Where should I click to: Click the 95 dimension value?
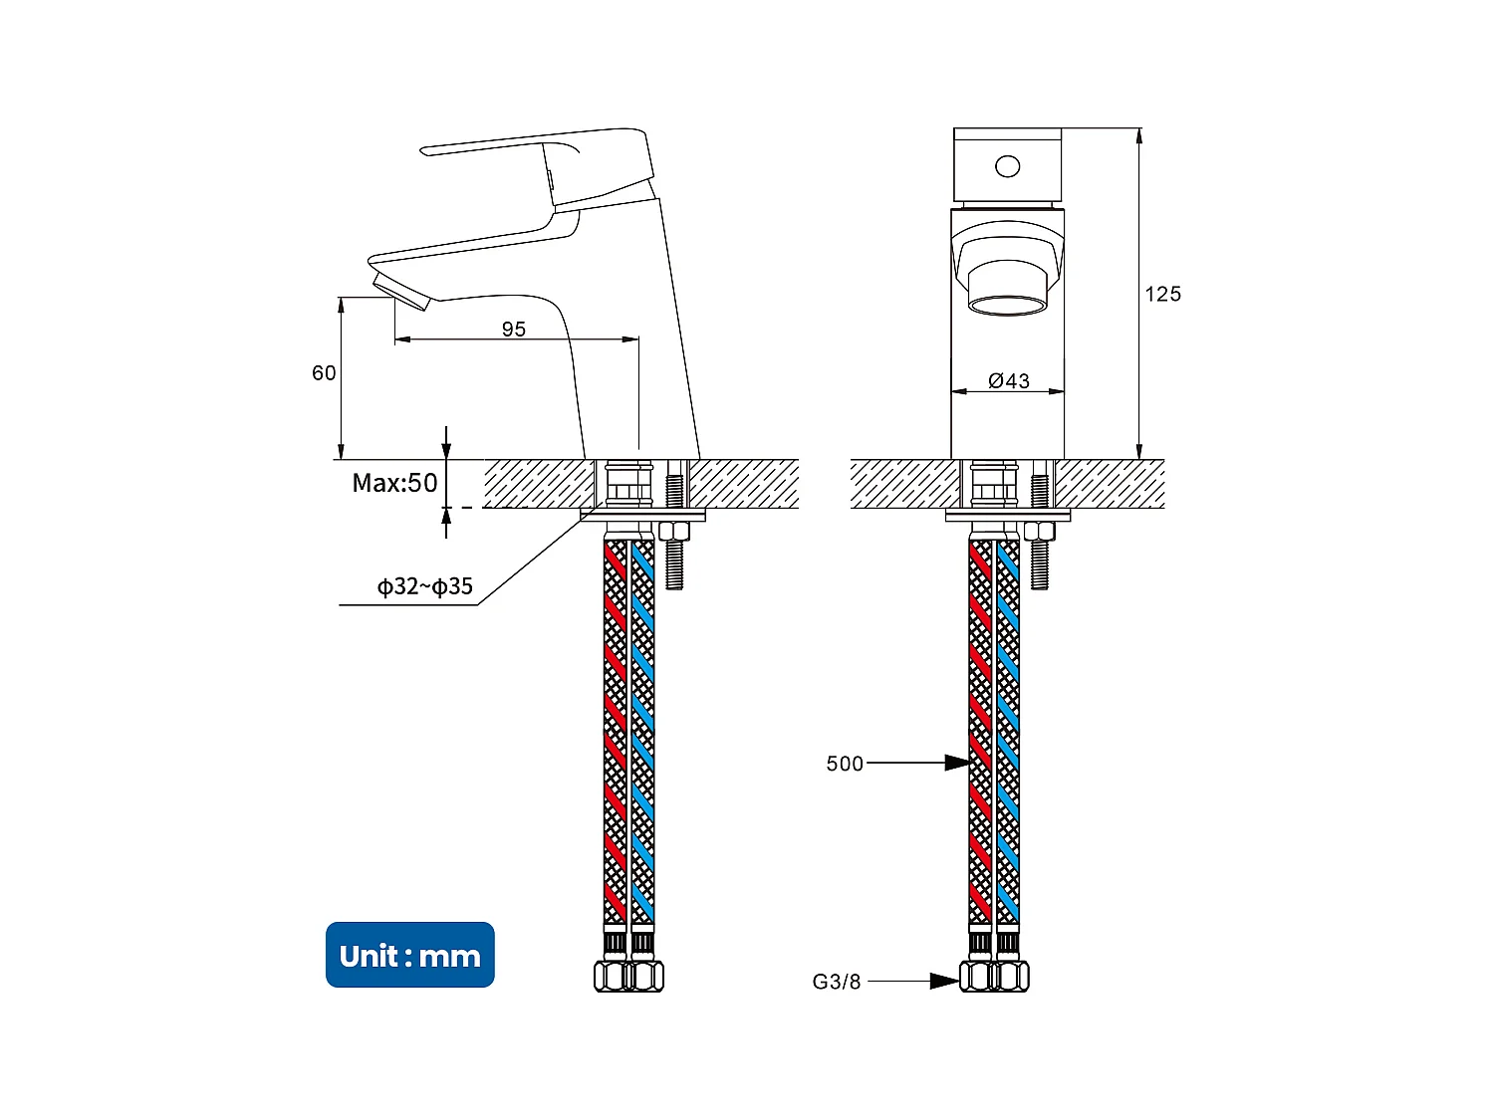513,330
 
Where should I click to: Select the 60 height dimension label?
324,373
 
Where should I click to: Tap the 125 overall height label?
1162,294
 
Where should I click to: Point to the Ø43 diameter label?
1009,381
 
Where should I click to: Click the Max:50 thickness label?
394,484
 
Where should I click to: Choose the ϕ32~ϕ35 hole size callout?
424,586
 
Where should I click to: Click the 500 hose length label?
845,764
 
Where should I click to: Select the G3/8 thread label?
837,982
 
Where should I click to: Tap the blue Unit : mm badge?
409,955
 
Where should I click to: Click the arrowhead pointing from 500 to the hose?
957,763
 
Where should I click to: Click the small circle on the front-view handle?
1008,166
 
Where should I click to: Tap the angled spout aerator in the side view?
400,289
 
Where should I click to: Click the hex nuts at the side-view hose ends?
628,976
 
